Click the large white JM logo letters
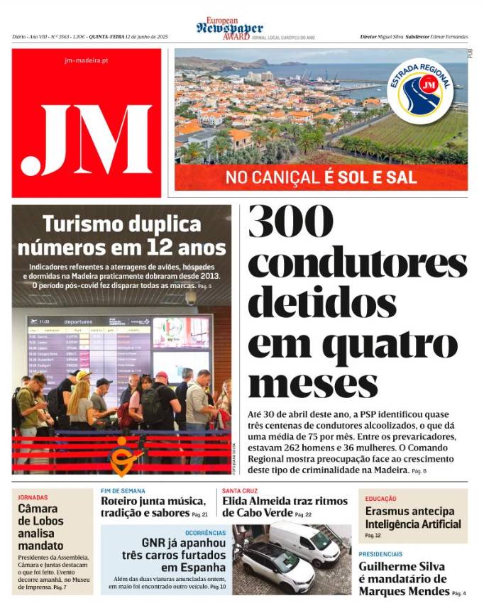[87, 138]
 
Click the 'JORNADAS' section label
[33, 497]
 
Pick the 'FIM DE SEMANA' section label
[123, 491]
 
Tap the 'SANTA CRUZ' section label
[239, 491]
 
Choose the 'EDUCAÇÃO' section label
[381, 499]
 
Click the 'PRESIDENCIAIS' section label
[380, 554]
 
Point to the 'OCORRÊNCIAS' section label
[206, 531]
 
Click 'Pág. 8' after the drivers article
[420, 471]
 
